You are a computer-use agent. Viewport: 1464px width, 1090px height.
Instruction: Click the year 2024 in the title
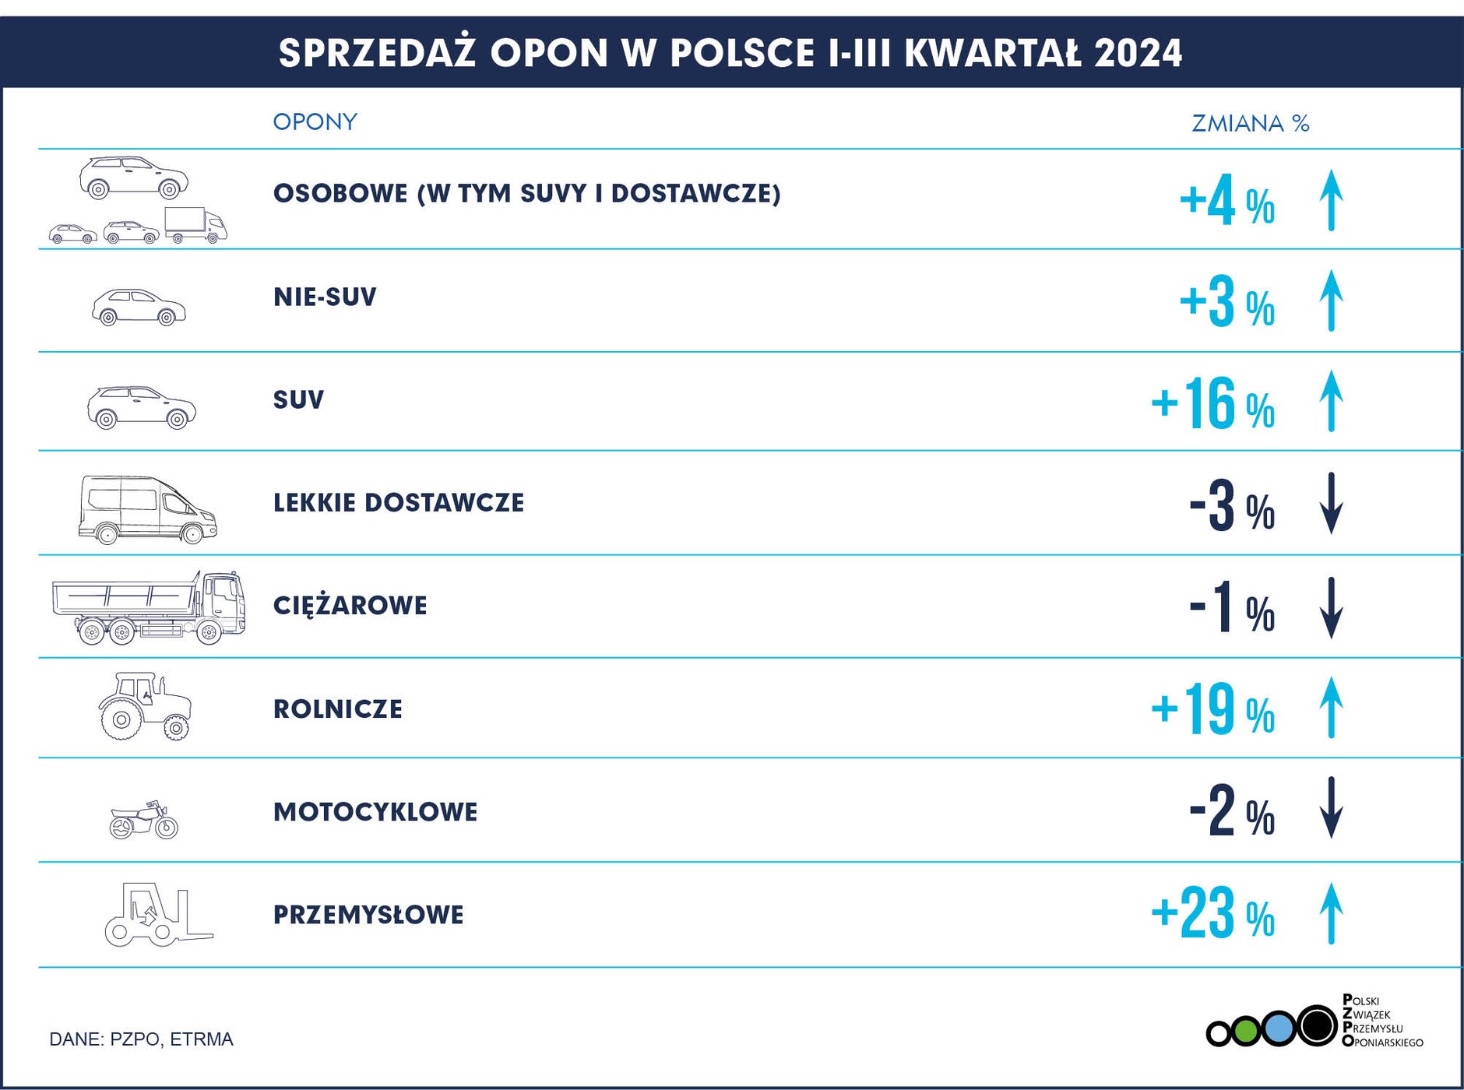coord(1138,54)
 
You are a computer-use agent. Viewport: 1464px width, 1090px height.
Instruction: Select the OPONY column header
coord(315,122)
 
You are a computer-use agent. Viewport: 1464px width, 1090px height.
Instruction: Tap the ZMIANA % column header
coord(1250,124)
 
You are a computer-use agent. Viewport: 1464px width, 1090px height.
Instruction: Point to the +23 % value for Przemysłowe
coord(1212,914)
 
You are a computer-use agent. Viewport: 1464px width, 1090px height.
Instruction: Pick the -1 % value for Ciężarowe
coord(1230,608)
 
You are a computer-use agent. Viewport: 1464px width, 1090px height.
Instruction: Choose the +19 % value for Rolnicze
coord(1212,709)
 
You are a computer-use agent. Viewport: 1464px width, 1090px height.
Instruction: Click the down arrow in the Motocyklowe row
coord(1332,808)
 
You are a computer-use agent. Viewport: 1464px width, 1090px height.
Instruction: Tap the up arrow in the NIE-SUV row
coord(1332,301)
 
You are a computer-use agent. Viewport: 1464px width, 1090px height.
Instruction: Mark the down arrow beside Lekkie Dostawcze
coord(1332,504)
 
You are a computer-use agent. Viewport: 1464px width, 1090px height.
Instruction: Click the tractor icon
coord(145,705)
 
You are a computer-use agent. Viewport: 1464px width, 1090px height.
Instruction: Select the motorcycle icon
coord(144,820)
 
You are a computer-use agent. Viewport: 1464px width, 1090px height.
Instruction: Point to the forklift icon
coord(158,916)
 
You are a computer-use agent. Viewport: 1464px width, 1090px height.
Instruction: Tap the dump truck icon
coord(149,607)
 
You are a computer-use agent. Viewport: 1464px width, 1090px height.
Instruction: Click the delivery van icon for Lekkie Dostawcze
coord(147,509)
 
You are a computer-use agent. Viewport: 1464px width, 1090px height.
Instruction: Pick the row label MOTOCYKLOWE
coord(375,812)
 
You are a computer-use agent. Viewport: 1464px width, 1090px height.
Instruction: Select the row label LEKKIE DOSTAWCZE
coord(399,503)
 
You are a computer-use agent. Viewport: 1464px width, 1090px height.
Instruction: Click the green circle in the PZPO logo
coord(1246,1032)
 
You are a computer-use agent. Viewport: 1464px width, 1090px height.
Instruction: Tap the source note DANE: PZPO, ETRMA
coord(141,1039)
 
